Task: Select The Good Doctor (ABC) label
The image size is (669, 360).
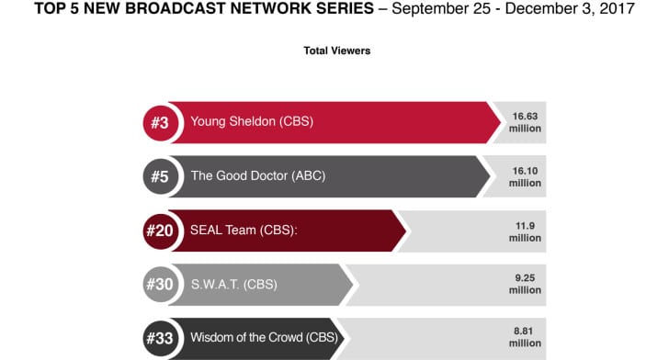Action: tap(257, 175)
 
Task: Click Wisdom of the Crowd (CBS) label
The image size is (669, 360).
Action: tap(264, 338)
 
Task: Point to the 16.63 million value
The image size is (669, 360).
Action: tap(526, 122)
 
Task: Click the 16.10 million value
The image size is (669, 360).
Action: tap(526, 176)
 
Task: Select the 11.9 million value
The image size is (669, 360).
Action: tap(526, 231)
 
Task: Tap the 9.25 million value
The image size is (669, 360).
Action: tap(526, 285)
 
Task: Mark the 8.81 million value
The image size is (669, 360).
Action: tap(526, 338)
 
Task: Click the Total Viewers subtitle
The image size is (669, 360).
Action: tap(336, 51)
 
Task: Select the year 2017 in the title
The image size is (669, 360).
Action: tap(615, 11)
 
